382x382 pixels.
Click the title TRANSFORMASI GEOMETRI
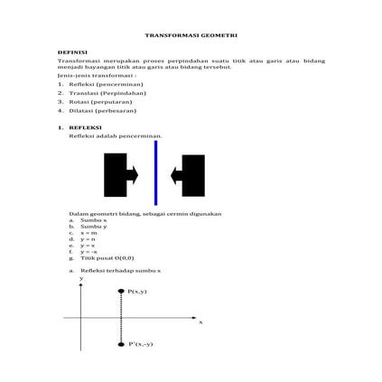coord(191,34)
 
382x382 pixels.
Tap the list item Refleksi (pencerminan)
coord(112,84)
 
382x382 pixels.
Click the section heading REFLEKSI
coord(85,128)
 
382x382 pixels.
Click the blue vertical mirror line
coord(155,172)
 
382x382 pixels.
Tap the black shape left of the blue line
coord(117,174)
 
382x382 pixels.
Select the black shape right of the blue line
coord(191,174)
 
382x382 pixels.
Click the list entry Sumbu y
coord(93,226)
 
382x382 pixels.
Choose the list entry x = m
coord(89,232)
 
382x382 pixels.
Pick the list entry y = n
coord(89,239)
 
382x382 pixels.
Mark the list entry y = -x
coord(89,252)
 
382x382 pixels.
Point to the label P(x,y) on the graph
coord(138,292)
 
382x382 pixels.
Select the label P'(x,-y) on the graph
coord(142,344)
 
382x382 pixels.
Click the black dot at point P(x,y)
coord(121,291)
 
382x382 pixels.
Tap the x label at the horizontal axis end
coord(200,321)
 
